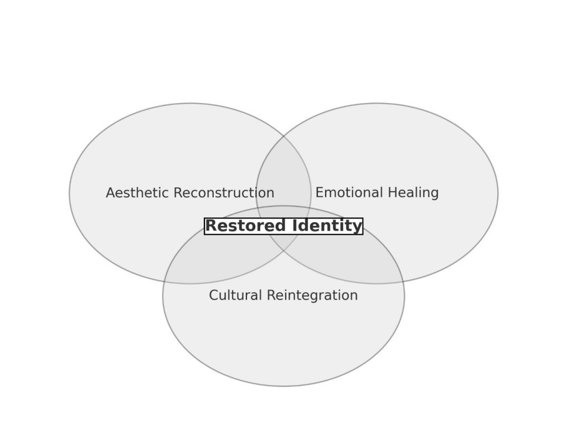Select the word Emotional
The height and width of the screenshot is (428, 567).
tap(345, 193)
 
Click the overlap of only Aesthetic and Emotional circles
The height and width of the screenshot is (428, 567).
tap(283, 177)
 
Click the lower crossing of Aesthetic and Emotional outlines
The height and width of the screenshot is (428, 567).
tap(283, 253)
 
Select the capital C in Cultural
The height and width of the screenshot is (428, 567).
tap(213, 295)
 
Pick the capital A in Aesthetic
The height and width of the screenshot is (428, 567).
tap(110, 193)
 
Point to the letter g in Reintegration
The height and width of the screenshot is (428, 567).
tap(322, 297)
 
